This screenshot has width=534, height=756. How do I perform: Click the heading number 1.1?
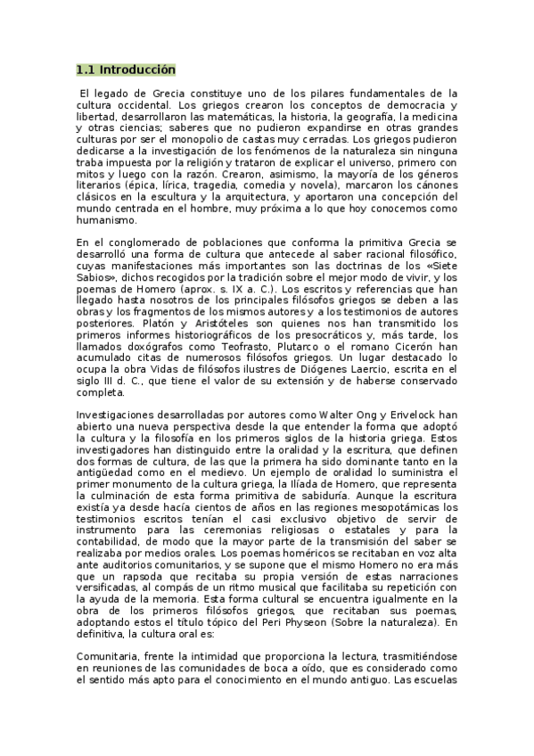coord(86,70)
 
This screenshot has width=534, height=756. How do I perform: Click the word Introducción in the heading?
coord(137,70)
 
